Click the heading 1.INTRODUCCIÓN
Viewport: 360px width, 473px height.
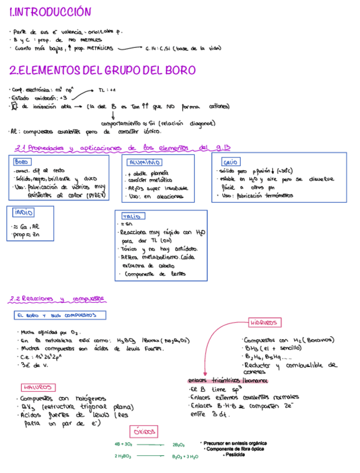coord(50,12)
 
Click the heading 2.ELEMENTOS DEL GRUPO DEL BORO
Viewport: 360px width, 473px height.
coord(103,70)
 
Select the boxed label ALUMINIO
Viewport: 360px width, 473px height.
coord(144,162)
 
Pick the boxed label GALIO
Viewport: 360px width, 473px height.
coord(230,162)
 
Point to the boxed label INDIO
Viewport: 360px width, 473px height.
coord(23,212)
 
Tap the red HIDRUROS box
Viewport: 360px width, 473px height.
coord(263,322)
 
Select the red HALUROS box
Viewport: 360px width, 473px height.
coord(38,387)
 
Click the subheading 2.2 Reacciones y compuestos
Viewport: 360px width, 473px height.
coord(57,299)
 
